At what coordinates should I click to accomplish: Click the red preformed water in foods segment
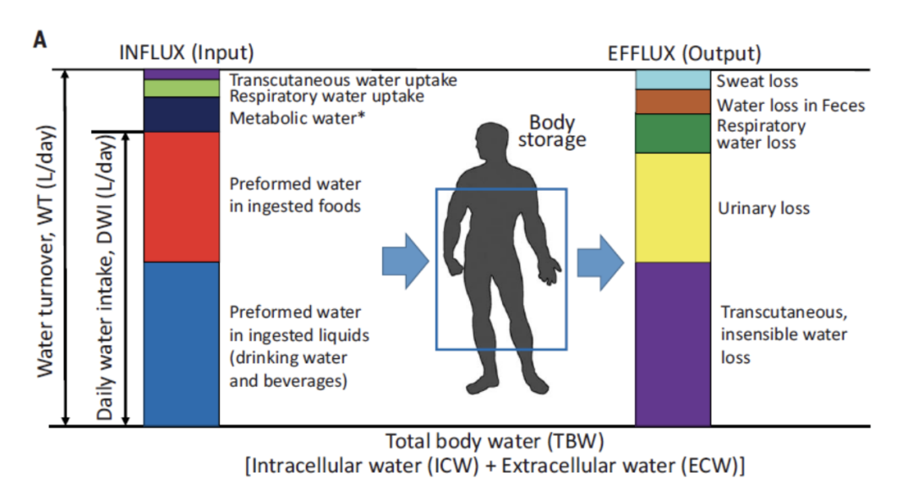[x=182, y=197]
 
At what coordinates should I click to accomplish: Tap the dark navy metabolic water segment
[x=182, y=114]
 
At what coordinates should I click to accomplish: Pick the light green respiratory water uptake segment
[x=182, y=88]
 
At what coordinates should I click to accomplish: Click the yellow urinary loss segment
[x=672, y=208]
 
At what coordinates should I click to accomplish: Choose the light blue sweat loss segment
[x=672, y=80]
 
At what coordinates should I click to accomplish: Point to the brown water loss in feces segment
[x=672, y=101]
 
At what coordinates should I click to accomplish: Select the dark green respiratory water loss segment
[x=672, y=133]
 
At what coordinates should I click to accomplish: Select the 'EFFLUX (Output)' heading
[x=685, y=53]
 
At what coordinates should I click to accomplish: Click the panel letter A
[x=40, y=41]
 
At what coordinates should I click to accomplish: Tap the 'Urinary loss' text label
[x=763, y=208]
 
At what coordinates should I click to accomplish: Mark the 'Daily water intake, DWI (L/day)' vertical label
[x=105, y=279]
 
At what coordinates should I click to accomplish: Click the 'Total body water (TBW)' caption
[x=495, y=441]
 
